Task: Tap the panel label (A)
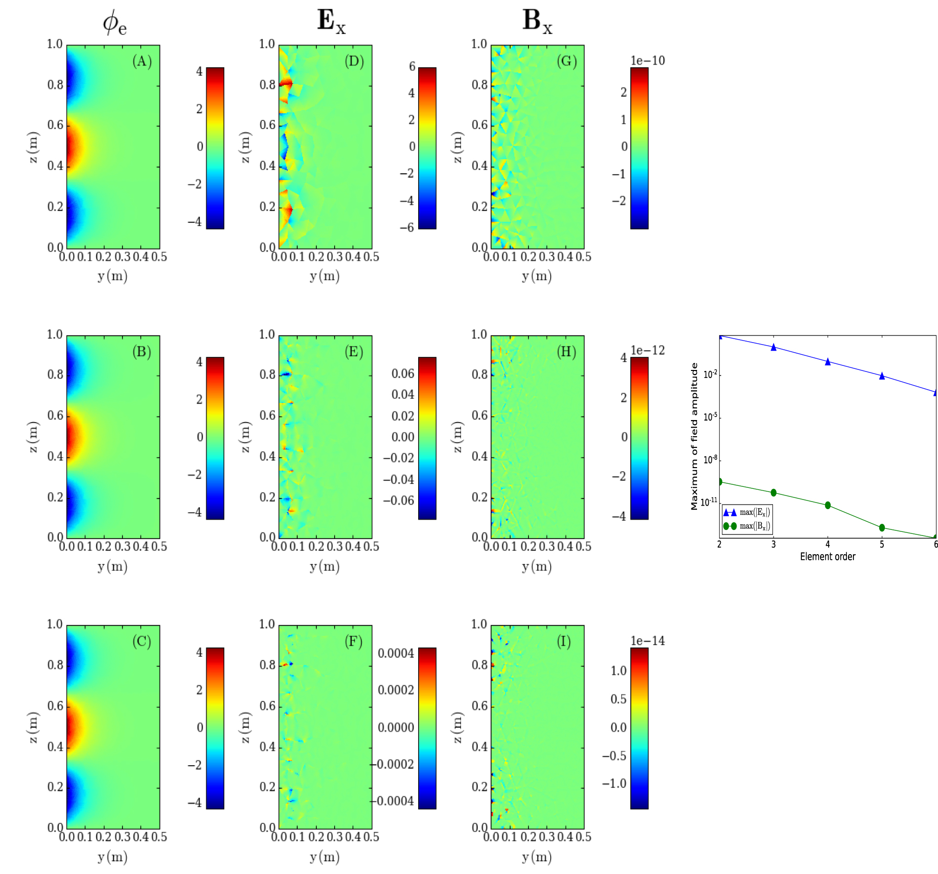pos(142,61)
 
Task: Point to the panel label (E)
pos(354,352)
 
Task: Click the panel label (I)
pos(564,642)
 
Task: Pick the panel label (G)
pos(566,61)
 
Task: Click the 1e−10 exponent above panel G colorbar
pos(647,61)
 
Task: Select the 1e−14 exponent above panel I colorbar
pos(647,641)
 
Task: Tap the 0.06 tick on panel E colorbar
pos(402,373)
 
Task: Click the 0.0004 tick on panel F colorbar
pos(396,653)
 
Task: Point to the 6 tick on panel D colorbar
pos(412,66)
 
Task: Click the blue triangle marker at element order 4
pos(828,361)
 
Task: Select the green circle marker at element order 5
pos(882,527)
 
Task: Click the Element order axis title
pos(828,557)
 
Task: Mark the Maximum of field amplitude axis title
pos(694,436)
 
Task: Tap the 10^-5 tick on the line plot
pos(710,417)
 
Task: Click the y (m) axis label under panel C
pos(112,857)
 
